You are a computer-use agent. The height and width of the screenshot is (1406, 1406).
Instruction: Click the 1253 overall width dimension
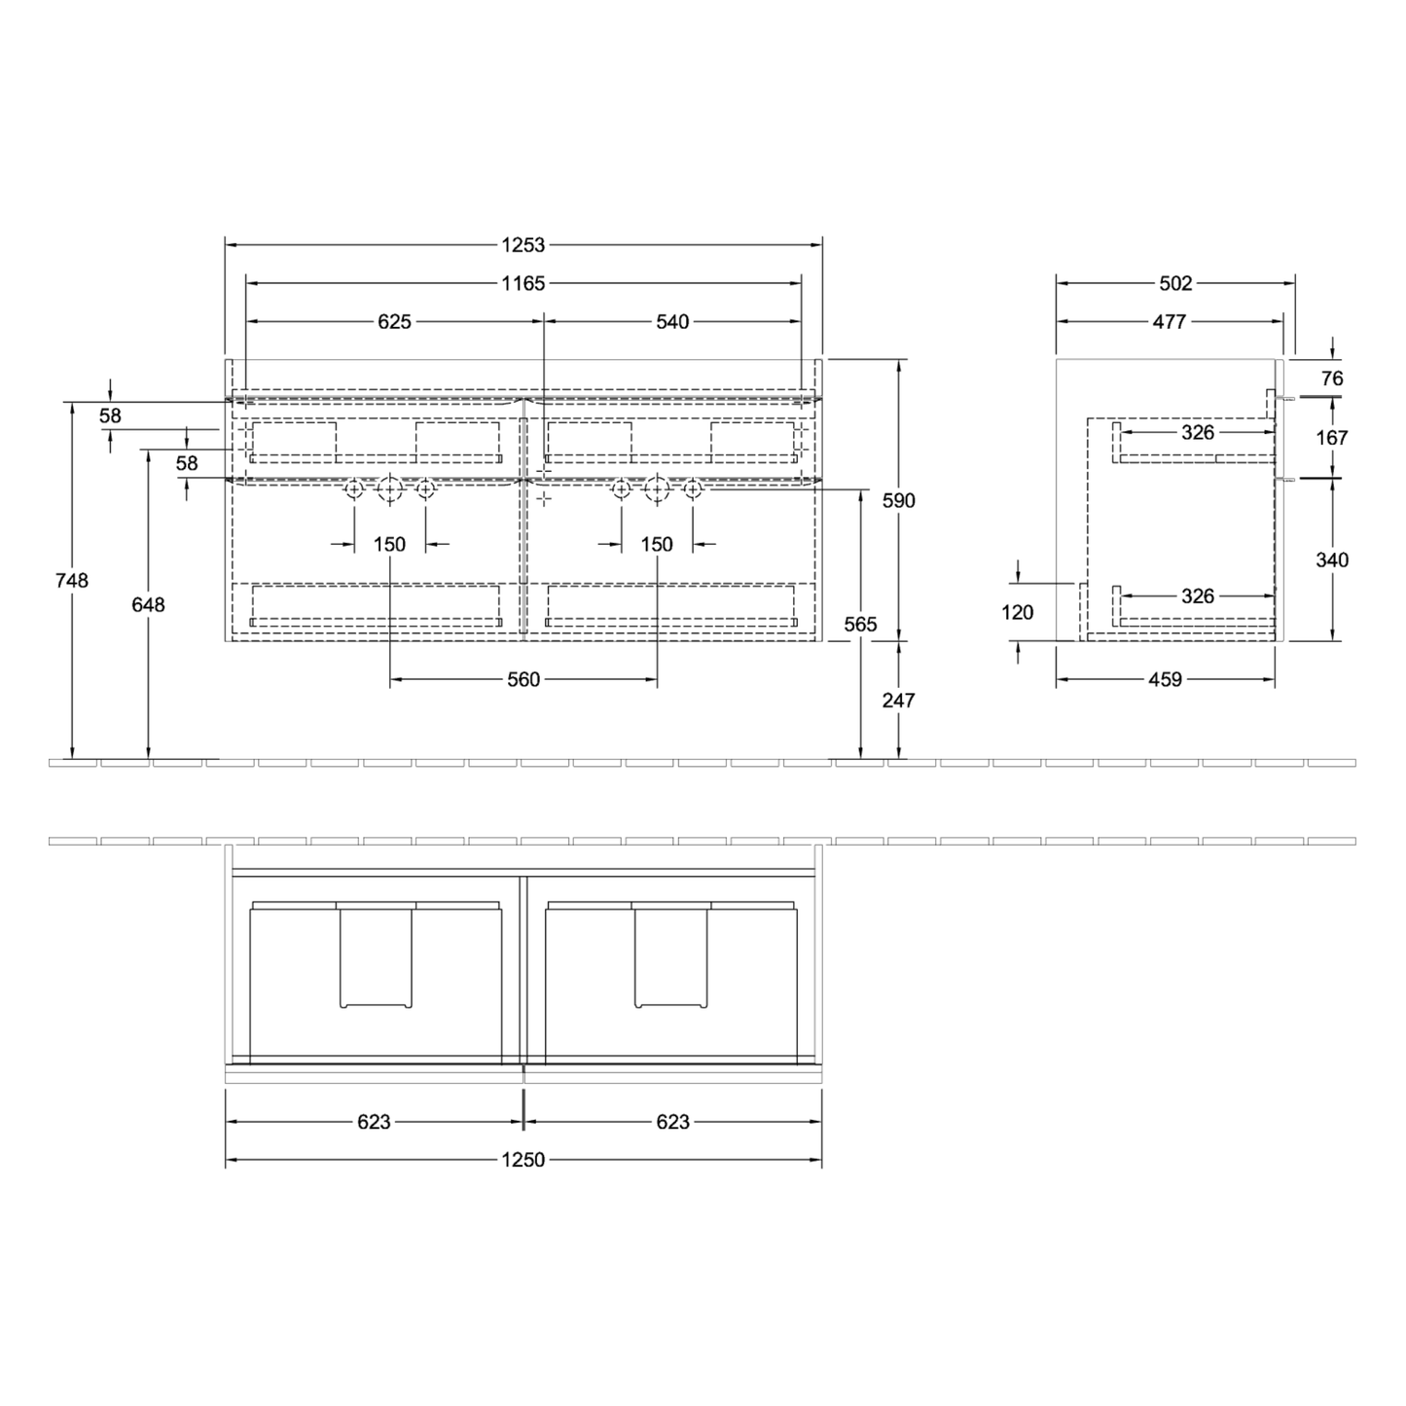pyautogui.click(x=523, y=245)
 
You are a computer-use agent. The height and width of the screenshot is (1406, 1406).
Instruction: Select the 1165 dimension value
pyautogui.click(x=523, y=283)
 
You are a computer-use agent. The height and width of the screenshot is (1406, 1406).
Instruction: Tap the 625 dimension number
pyautogui.click(x=395, y=322)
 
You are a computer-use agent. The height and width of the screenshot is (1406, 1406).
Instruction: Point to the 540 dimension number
pyautogui.click(x=672, y=322)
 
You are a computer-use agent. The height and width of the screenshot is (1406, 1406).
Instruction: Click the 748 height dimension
pyautogui.click(x=71, y=581)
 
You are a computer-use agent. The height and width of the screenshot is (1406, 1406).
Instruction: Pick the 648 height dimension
pyautogui.click(x=148, y=605)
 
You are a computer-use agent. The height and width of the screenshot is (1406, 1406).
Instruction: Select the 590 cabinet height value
pyautogui.click(x=898, y=500)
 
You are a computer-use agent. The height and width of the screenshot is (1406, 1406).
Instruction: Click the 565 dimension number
pyautogui.click(x=860, y=625)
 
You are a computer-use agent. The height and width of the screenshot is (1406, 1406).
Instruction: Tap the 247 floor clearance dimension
pyautogui.click(x=898, y=701)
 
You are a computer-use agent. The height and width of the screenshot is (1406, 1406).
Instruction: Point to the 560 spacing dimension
pyautogui.click(x=523, y=680)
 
